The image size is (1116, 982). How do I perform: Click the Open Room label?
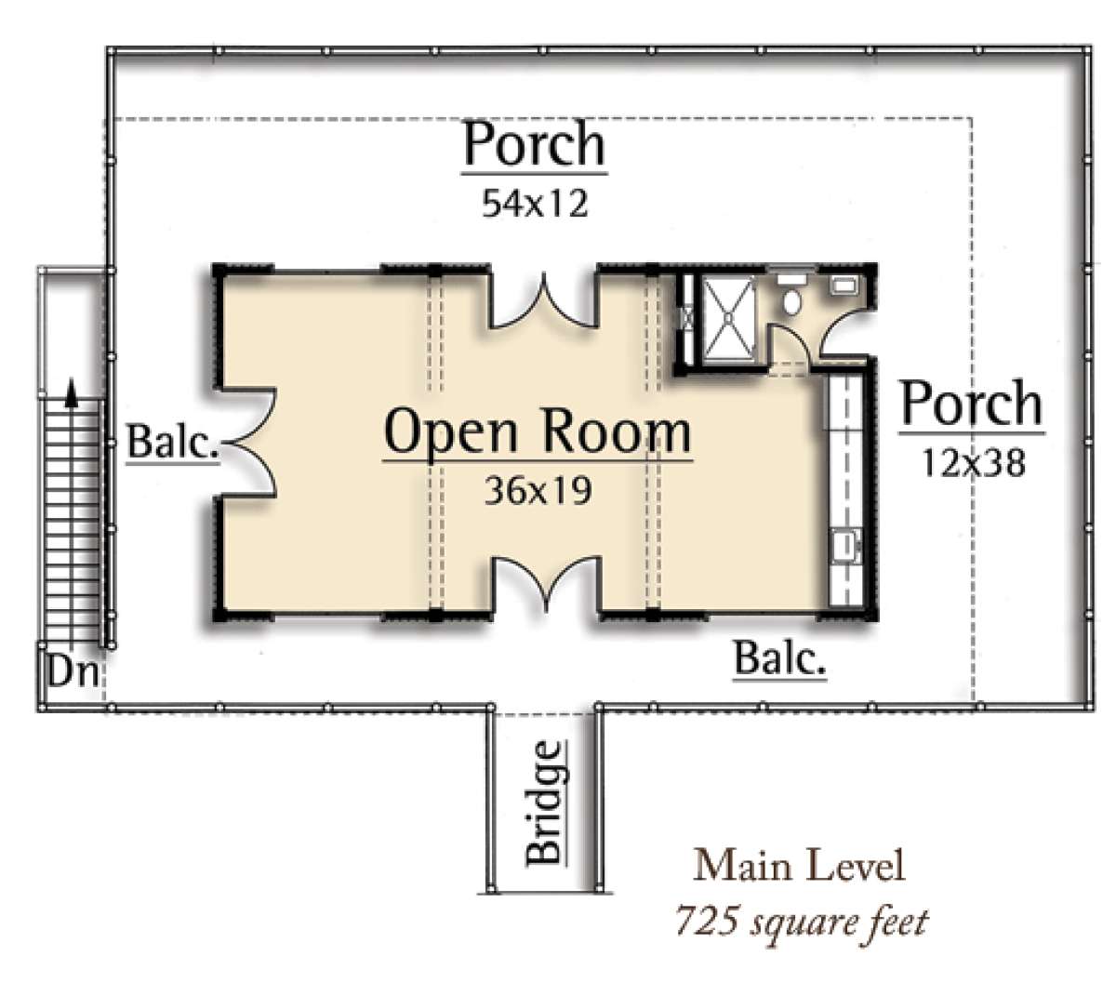click(x=538, y=433)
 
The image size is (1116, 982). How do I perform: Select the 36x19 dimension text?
click(x=538, y=491)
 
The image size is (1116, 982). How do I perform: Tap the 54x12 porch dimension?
click(x=535, y=204)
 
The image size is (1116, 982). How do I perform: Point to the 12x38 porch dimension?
click(x=973, y=462)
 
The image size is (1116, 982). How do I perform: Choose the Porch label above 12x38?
click(x=972, y=405)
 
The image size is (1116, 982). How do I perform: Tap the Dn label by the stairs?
click(x=73, y=670)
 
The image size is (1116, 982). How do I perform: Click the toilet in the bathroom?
click(x=792, y=300)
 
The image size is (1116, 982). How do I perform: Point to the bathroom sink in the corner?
click(x=844, y=285)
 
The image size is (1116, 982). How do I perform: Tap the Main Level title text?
click(x=799, y=866)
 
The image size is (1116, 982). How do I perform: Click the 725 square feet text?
click(x=801, y=922)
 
